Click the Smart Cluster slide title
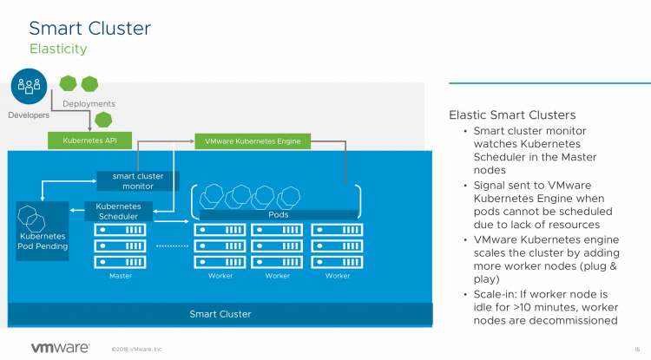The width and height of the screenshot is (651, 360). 89,28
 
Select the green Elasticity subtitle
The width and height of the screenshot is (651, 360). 57,49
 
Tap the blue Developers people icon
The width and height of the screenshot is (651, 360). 28,86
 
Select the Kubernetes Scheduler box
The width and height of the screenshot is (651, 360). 118,211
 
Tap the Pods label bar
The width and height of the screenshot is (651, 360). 279,213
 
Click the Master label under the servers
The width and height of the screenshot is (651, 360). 121,276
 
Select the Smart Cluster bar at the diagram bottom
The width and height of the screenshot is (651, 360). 220,313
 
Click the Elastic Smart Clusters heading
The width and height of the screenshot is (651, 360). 512,115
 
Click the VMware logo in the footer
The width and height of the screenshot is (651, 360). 60,348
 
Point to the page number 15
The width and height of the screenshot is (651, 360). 636,349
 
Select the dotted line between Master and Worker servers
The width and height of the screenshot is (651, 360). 170,246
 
